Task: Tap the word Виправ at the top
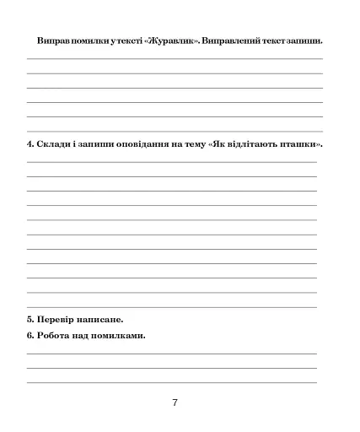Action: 52,40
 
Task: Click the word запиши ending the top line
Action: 304,40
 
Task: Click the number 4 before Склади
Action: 30,143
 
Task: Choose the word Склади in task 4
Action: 53,143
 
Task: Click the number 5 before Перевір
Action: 30,319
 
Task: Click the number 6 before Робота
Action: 30,336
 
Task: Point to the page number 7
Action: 175,402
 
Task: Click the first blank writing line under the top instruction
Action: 175,58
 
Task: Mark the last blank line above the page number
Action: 175,382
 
